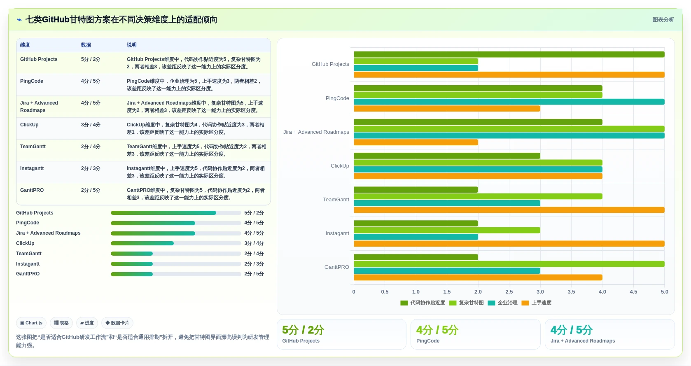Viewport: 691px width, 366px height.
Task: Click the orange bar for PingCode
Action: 447,109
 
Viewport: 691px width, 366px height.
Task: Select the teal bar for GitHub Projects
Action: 416,68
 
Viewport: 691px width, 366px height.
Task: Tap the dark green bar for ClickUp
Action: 447,156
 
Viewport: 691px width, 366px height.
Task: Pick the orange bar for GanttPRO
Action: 478,277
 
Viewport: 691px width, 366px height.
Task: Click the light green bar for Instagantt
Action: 447,230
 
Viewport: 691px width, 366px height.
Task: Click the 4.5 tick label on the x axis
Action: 633,292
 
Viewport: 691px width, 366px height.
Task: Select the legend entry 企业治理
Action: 503,303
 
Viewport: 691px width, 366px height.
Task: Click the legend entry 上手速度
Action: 537,303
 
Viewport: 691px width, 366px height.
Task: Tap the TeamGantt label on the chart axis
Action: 336,200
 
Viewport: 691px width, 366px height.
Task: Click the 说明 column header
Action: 131,45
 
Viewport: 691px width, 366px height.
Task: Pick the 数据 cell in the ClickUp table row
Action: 91,125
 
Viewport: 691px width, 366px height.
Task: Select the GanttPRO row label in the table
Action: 32,190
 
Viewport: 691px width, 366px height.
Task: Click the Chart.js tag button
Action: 31,323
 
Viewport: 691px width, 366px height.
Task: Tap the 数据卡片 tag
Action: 117,323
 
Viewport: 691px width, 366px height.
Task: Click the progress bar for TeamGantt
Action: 176,254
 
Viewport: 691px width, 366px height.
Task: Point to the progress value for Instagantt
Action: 254,264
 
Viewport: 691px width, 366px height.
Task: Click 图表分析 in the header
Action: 663,20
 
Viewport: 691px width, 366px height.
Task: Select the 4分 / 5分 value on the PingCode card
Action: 437,330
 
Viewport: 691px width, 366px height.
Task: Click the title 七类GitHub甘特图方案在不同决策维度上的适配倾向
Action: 121,20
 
